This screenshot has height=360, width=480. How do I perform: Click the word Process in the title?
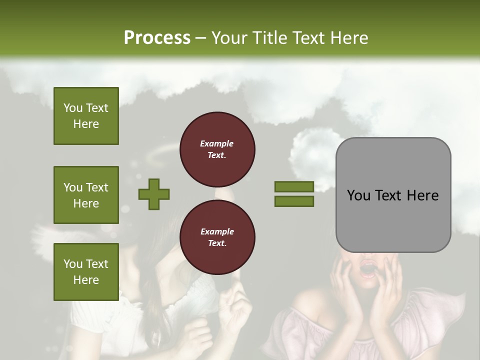[x=157, y=37]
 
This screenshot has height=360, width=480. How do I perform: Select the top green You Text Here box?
[x=86, y=116]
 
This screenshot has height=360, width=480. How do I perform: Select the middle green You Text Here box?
[x=86, y=195]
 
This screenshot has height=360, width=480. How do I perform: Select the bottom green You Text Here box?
[x=86, y=271]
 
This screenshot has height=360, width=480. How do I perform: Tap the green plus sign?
[x=154, y=194]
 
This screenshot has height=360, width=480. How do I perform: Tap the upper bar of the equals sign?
[x=294, y=186]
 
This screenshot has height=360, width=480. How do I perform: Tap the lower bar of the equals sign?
[x=294, y=201]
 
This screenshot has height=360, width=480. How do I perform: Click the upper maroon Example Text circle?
[x=217, y=149]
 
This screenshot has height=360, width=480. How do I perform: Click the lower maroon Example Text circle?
[x=217, y=237]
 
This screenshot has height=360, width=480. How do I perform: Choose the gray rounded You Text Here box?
[x=393, y=195]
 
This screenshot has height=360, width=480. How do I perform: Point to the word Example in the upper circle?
[x=217, y=143]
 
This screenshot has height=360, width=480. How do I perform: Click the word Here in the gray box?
[x=422, y=195]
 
